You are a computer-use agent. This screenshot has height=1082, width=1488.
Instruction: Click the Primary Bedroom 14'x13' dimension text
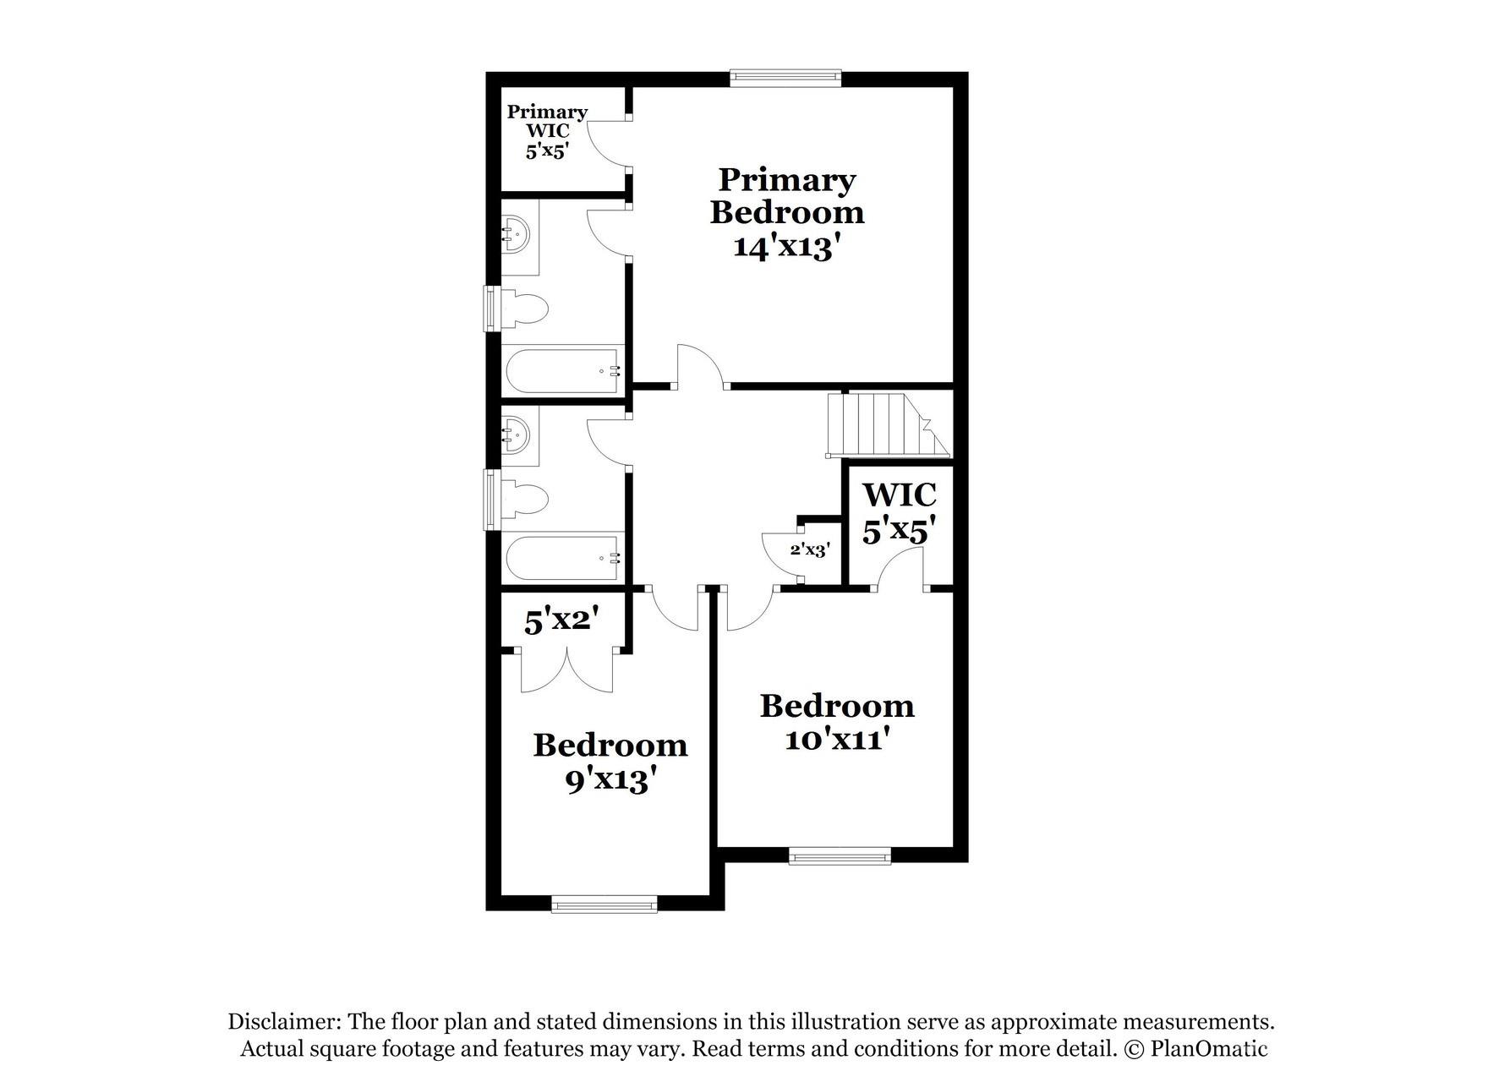coord(786,247)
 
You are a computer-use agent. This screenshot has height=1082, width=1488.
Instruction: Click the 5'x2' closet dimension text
coord(562,622)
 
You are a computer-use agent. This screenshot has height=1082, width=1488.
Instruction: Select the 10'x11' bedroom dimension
coord(838,740)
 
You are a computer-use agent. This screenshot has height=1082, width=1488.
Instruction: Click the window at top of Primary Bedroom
coord(786,78)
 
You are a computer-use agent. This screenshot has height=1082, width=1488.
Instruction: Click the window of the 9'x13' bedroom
coord(604,905)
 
